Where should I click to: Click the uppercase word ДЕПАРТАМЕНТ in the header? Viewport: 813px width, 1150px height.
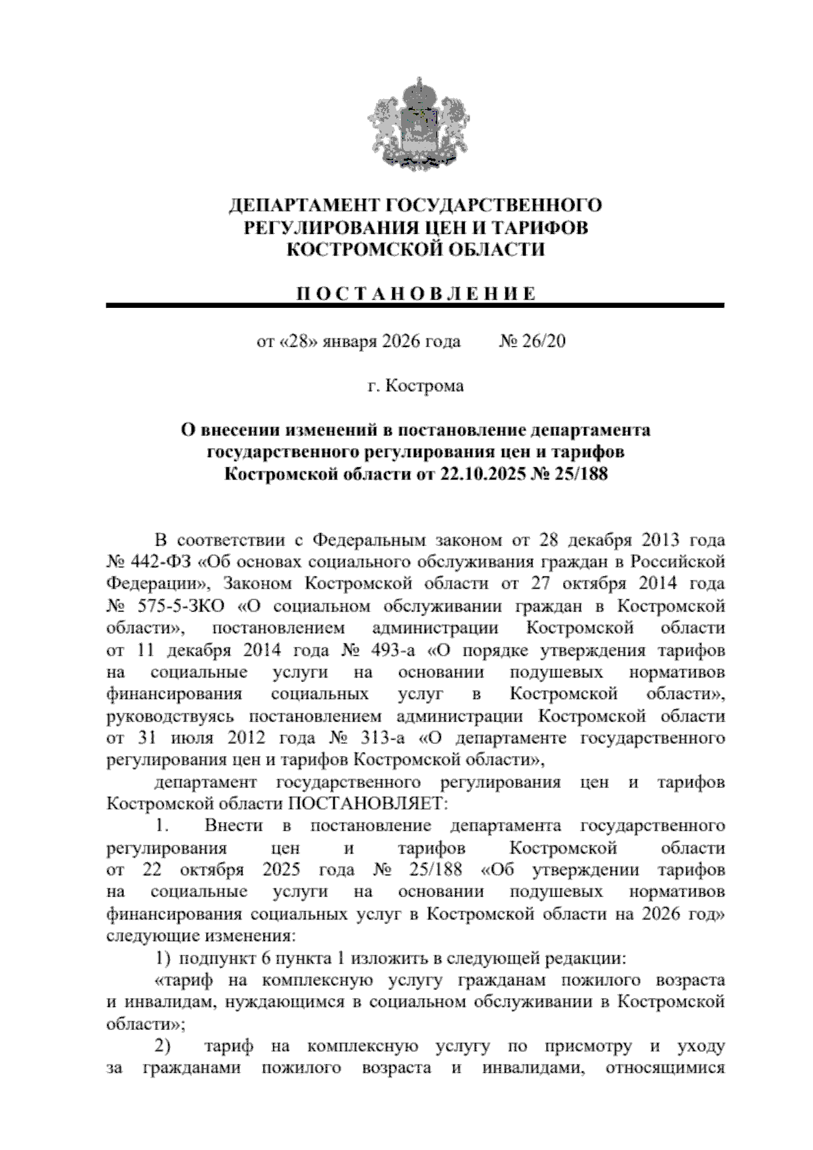tap(303, 205)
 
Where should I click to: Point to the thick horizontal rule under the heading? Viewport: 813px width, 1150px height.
tap(415, 306)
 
